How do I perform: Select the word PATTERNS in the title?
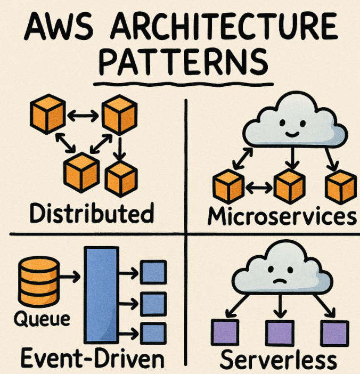(x=183, y=63)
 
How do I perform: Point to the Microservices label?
(x=281, y=216)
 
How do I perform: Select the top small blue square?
(x=153, y=273)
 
